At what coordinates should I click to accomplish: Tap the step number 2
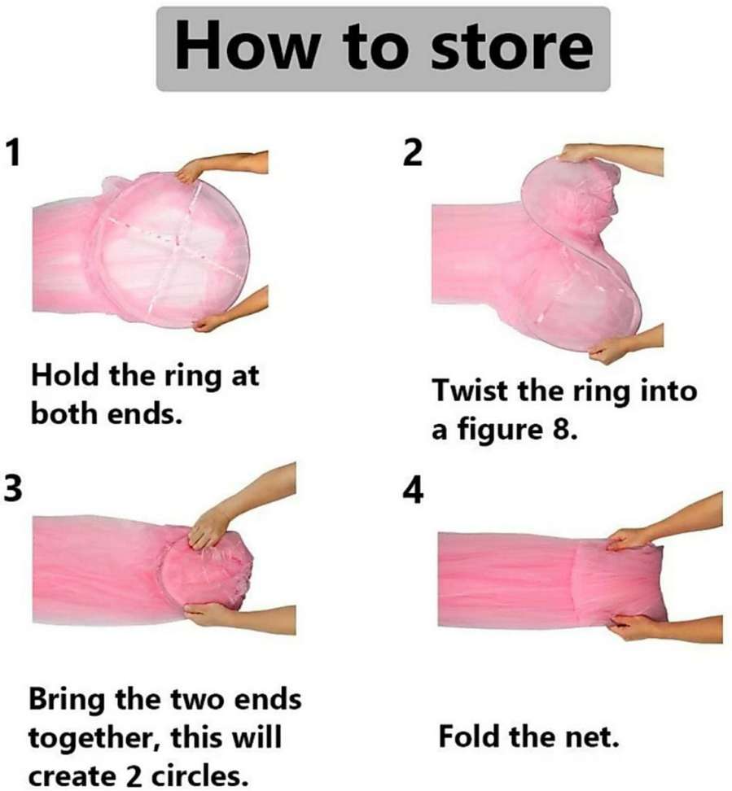click(414, 153)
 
